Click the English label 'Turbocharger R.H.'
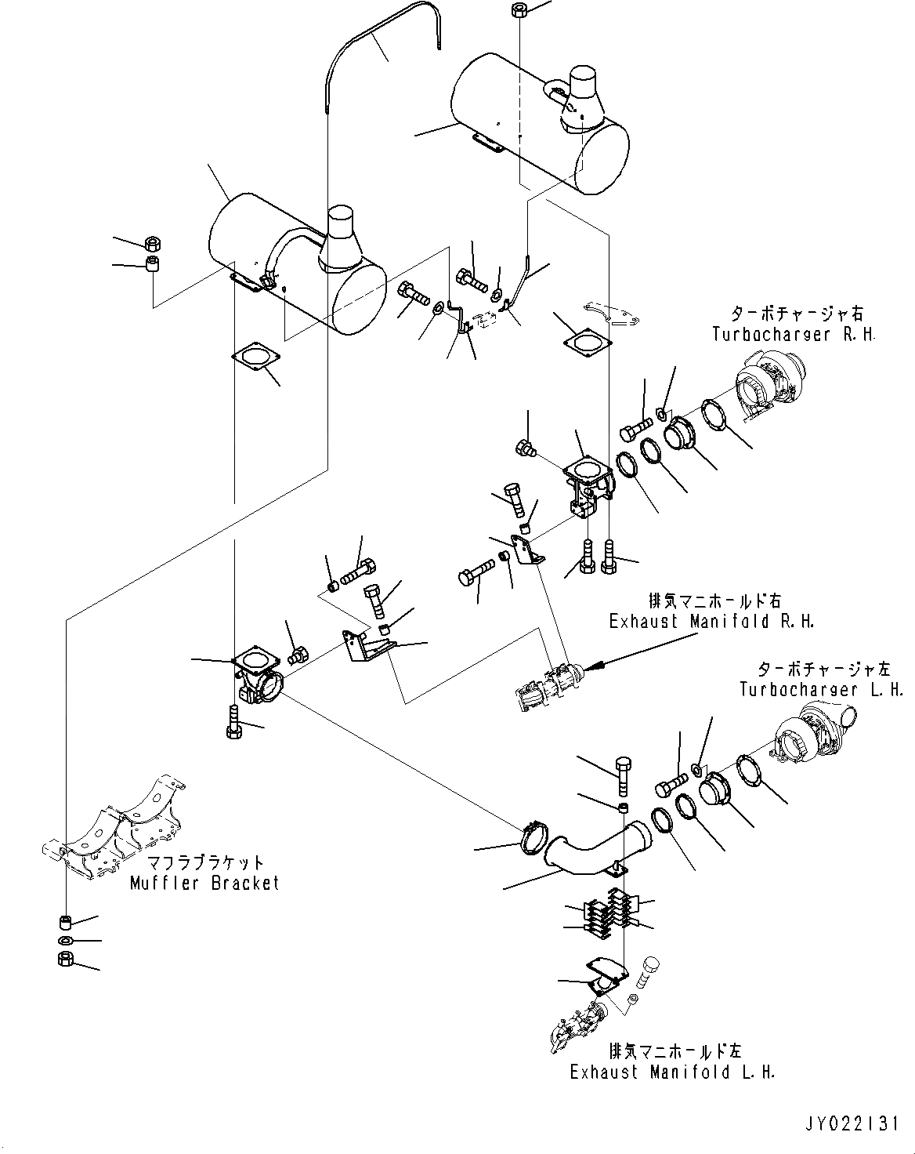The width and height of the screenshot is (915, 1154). point(794,334)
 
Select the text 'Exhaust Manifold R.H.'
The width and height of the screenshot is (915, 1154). point(712,621)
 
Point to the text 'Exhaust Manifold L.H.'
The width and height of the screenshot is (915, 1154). point(673,1072)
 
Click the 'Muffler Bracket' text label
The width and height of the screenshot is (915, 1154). point(204,883)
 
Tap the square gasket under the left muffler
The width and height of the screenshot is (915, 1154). point(256,356)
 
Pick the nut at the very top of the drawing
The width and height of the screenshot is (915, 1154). point(519,10)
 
